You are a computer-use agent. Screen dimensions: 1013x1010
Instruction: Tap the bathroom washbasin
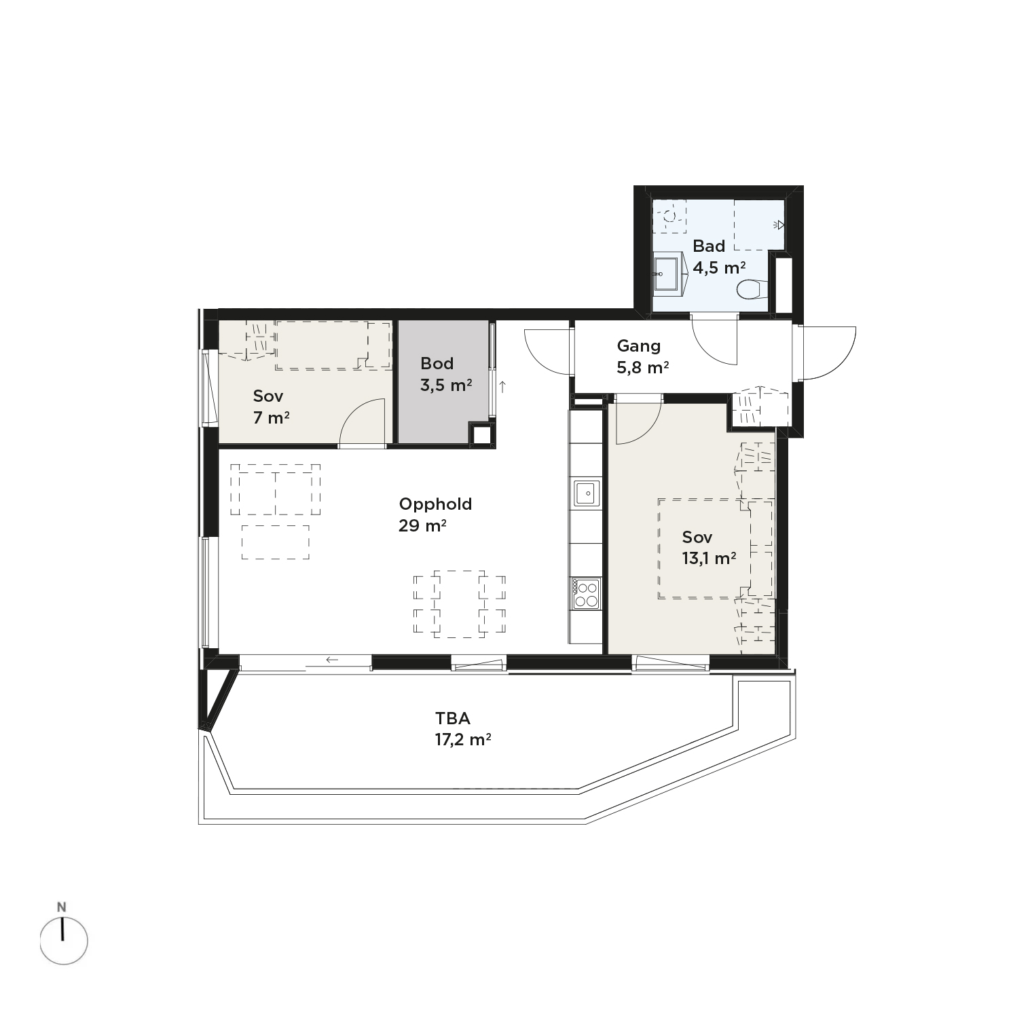[668, 274]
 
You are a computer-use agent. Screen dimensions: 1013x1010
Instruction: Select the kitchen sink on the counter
[586, 493]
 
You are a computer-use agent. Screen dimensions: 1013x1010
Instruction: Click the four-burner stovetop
[586, 593]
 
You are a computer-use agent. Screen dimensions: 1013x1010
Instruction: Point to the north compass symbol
[64, 941]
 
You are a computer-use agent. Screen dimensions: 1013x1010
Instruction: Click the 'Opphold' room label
[435, 504]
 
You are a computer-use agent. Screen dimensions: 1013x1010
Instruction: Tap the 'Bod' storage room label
[437, 363]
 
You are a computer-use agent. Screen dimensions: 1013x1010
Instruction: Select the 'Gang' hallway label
[638, 346]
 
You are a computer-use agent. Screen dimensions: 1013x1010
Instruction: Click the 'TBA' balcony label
[453, 718]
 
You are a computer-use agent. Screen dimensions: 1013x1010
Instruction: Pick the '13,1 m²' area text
[710, 559]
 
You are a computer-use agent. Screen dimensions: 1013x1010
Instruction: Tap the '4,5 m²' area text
[719, 267]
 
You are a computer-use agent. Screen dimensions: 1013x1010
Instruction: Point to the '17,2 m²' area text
[463, 739]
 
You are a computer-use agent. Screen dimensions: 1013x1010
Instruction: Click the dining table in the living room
[460, 604]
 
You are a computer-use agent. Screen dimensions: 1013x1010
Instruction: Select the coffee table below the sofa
[276, 542]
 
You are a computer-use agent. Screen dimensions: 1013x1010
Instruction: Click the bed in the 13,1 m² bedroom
[715, 548]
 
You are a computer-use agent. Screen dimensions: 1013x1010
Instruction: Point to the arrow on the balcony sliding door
[332, 659]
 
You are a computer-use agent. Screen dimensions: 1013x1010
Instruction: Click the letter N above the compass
[62, 907]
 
